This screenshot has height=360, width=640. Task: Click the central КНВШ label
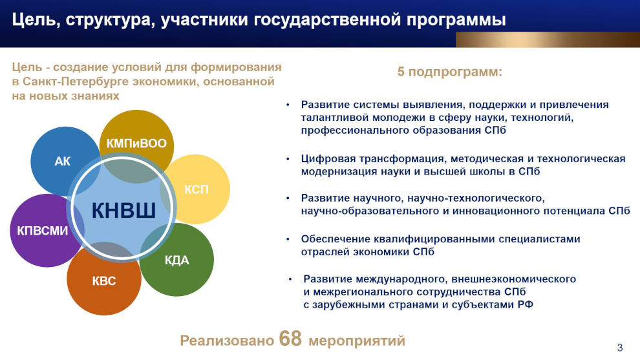tap(123, 211)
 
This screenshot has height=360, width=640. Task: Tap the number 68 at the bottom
tap(291, 339)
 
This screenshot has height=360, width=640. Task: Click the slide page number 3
tap(619, 348)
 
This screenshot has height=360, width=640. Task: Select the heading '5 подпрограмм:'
tap(449, 72)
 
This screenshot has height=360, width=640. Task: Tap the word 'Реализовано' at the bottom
tap(227, 341)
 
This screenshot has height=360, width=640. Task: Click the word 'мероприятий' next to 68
tap(357, 341)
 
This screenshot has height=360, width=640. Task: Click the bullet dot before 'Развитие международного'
tap(290, 279)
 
